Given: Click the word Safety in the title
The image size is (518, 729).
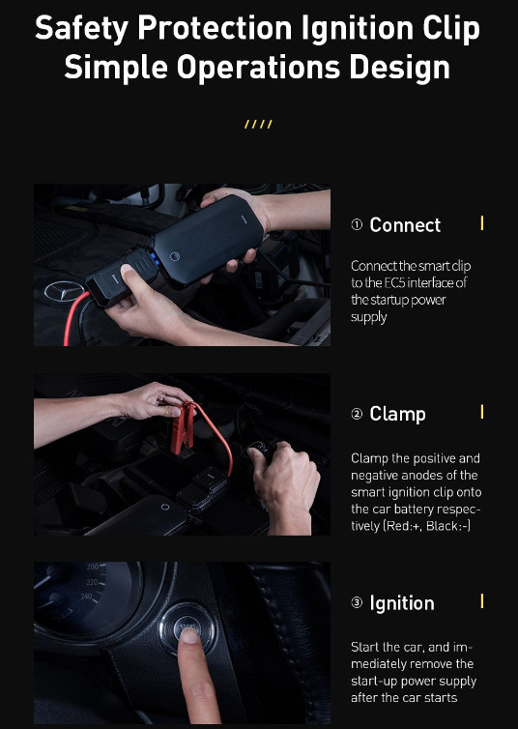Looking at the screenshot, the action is pyautogui.click(x=81, y=29).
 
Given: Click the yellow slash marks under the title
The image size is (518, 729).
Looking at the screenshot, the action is pyautogui.click(x=258, y=124).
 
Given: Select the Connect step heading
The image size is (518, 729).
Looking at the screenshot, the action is pyautogui.click(x=405, y=225).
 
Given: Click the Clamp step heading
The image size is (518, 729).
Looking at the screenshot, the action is pyautogui.click(x=397, y=414).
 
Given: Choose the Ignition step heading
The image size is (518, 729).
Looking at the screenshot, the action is pyautogui.click(x=402, y=603).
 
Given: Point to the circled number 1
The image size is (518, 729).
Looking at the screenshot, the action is pyautogui.click(x=357, y=225).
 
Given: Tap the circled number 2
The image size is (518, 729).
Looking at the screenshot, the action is pyautogui.click(x=357, y=414).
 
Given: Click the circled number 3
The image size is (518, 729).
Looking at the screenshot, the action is pyautogui.click(x=357, y=603).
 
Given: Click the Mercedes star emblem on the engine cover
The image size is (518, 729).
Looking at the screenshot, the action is pyautogui.click(x=64, y=292).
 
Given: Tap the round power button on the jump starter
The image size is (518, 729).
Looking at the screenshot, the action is pyautogui.click(x=175, y=256).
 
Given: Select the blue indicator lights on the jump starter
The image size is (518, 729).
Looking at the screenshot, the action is pyautogui.click(x=155, y=259).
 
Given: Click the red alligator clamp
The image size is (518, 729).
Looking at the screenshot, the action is pyautogui.click(x=182, y=427).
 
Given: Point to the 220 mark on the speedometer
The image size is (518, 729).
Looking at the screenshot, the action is pyautogui.click(x=92, y=582).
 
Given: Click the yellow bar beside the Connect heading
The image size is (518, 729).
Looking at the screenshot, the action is pyautogui.click(x=482, y=223).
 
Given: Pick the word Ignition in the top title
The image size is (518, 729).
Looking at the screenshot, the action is pyautogui.click(x=358, y=29).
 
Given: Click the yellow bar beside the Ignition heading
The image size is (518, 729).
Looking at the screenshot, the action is pyautogui.click(x=482, y=600).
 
